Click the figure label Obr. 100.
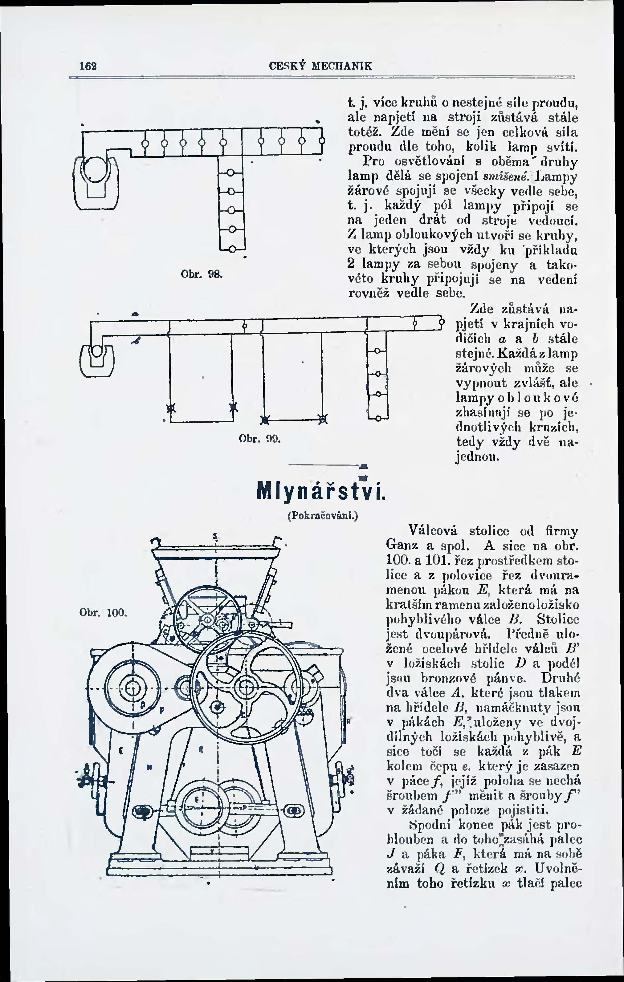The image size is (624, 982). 103,613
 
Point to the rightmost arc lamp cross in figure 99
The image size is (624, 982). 323,419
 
